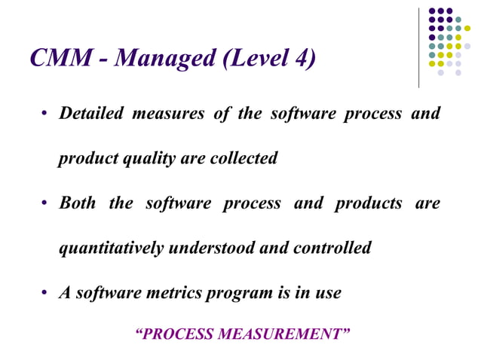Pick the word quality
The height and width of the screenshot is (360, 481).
[141, 159]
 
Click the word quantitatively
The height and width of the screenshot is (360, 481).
[112, 248]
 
